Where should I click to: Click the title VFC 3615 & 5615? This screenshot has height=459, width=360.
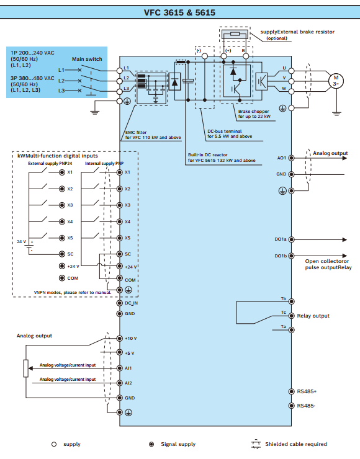pos(179,12)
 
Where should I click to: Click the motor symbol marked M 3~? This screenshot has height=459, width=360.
pos(336,81)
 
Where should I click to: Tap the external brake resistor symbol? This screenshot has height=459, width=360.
pos(235,34)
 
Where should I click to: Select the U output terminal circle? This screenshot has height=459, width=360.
pos(291,71)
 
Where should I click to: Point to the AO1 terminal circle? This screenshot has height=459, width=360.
pos(291,158)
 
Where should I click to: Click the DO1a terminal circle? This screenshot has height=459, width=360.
pos(291,239)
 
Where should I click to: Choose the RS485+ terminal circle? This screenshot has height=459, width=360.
pos(291,391)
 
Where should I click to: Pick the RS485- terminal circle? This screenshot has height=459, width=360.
pos(291,406)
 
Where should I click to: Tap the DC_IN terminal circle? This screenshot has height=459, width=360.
pos(120,303)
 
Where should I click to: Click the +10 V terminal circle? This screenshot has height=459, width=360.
pos(120,339)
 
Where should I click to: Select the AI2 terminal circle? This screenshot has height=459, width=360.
pos(120,383)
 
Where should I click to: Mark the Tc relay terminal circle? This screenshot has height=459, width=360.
pos(291,316)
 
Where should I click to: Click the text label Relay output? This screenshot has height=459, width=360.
pos(313,316)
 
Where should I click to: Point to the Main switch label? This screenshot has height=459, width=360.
pos(87,59)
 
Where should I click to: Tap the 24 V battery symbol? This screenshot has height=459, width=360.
pos(29,247)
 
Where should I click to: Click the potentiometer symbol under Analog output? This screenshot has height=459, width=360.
pos(26,368)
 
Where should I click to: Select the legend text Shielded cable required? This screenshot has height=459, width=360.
pos(296,444)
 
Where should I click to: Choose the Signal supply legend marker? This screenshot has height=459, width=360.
pos(151,444)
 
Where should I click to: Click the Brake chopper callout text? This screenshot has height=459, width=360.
pos(254,114)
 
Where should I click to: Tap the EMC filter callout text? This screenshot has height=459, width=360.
pos(153,135)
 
